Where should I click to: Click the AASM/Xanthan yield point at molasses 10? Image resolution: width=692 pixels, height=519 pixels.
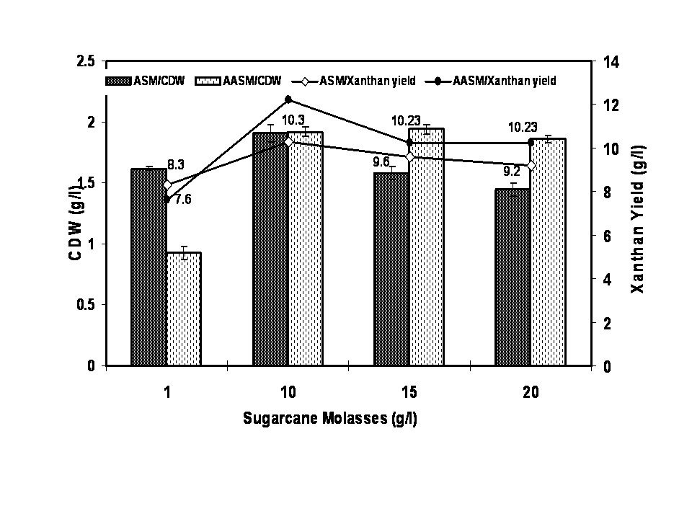(288, 99)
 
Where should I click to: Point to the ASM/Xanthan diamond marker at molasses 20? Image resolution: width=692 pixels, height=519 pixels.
(531, 166)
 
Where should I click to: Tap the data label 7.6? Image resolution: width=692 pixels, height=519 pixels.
(182, 200)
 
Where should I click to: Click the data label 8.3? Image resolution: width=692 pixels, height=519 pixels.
(176, 165)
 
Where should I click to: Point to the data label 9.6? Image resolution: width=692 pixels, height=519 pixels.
(381, 161)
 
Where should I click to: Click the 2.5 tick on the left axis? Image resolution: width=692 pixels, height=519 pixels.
(86, 62)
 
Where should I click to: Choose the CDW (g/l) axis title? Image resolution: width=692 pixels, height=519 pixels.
(75, 223)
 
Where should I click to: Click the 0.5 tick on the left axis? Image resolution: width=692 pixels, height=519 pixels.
(86, 305)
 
